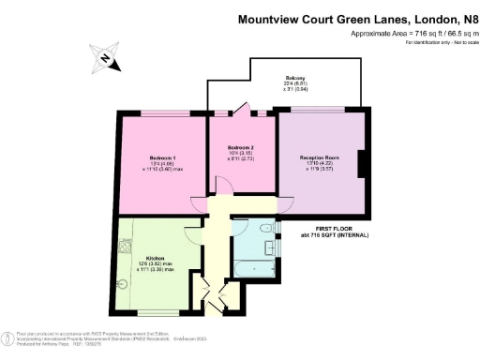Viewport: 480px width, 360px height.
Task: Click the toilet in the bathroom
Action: (266, 229)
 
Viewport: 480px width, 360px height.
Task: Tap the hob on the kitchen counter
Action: (125, 250)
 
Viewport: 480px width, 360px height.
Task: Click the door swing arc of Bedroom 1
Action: (199, 202)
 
